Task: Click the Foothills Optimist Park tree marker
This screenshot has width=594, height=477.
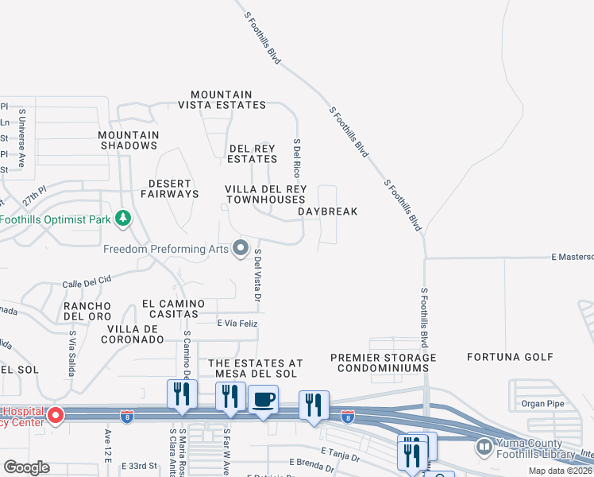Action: [122, 218]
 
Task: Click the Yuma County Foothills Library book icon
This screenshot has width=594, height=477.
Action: [484, 448]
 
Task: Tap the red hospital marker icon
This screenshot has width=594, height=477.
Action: [55, 415]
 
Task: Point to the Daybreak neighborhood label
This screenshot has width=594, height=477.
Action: [328, 211]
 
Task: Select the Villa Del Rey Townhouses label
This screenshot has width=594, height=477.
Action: [265, 194]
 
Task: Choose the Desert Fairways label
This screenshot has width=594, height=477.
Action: [169, 188]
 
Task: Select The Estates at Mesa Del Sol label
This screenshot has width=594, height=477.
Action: [255, 367]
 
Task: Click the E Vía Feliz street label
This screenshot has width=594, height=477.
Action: [237, 324]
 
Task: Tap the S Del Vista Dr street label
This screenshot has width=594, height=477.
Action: [257, 275]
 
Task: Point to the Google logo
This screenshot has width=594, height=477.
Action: [26, 467]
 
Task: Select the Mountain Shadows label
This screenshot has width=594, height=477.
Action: [129, 140]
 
